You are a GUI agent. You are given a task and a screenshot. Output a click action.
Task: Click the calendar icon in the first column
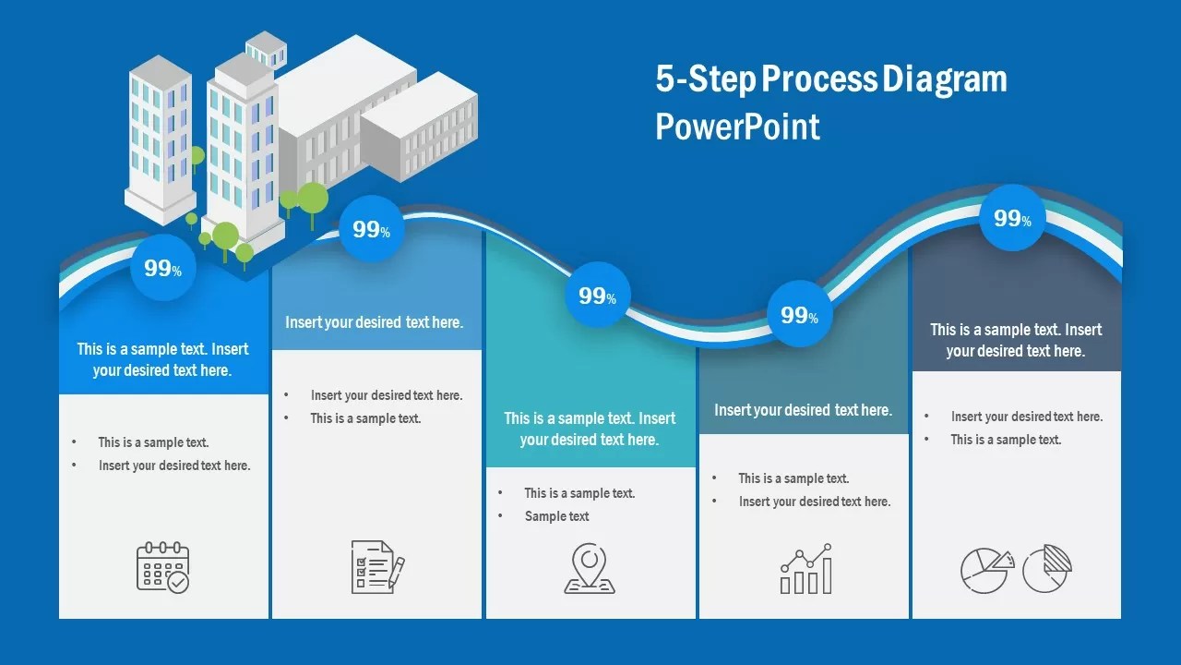click(162, 567)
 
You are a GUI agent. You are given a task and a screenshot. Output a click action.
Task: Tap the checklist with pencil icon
click(376, 566)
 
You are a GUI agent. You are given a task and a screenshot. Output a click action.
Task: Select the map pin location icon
click(590, 568)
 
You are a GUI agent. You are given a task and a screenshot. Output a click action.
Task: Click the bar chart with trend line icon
click(806, 568)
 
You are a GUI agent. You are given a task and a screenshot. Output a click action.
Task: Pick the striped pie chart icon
click(1047, 568)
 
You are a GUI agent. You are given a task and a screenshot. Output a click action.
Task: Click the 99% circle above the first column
click(162, 268)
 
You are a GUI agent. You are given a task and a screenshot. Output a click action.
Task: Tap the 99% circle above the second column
click(371, 229)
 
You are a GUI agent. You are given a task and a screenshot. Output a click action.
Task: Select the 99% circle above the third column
click(597, 296)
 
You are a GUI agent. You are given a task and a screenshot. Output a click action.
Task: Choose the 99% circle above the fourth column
click(799, 314)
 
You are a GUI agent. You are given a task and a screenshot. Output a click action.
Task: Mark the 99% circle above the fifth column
click(1012, 218)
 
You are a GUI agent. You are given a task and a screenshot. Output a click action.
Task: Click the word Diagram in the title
click(945, 79)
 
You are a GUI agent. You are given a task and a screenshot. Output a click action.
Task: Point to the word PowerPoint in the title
click(737, 127)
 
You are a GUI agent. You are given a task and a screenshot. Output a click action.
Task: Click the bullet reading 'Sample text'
click(556, 516)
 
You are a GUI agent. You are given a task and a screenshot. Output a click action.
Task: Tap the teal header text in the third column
click(590, 429)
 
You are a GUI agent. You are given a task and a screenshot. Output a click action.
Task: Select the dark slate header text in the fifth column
click(1016, 340)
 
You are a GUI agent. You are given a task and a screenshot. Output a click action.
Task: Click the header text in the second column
click(374, 322)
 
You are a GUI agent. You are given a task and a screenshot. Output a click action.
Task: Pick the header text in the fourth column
click(803, 410)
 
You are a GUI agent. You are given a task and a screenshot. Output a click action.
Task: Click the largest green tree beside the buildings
click(313, 198)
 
